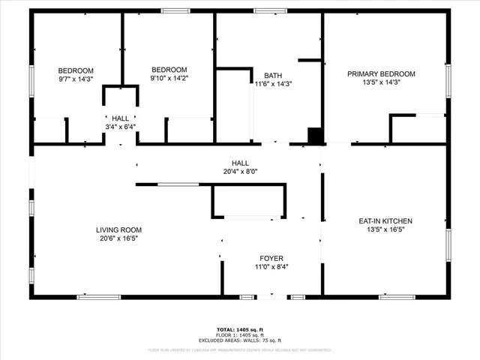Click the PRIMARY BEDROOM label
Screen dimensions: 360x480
(381, 73)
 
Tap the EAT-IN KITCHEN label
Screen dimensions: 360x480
(385, 221)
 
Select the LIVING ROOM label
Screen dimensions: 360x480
(118, 229)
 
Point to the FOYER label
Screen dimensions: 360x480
(271, 258)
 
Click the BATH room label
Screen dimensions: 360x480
(273, 75)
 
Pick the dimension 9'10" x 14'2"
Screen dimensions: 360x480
(169, 79)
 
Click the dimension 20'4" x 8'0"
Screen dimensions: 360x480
(240, 171)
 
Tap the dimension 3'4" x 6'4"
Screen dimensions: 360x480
(120, 127)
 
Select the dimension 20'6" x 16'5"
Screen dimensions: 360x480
(118, 238)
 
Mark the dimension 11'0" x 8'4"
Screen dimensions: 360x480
(271, 267)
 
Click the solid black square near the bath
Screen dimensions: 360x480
(316, 136)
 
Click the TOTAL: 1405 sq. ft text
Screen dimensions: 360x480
(240, 329)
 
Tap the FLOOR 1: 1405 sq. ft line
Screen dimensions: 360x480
(240, 334)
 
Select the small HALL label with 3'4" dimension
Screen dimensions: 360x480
(120, 118)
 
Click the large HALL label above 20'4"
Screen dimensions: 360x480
(240, 163)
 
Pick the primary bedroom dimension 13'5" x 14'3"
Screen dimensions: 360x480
(381, 82)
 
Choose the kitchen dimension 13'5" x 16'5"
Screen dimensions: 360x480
(385, 230)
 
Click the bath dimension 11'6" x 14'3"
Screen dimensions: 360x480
(273, 84)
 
